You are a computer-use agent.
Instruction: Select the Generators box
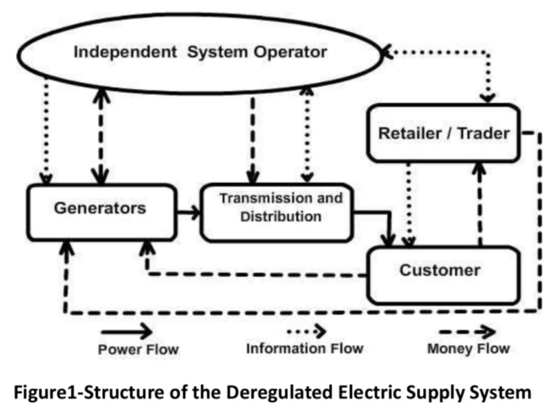point(101,208)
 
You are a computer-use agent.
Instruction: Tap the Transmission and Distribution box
point(281,208)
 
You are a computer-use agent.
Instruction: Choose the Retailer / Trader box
point(444,134)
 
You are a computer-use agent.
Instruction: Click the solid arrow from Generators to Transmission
point(188,213)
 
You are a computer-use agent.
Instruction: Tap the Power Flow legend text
point(138,350)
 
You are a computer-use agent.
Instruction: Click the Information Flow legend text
point(305,349)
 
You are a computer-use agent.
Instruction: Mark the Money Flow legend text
point(468,349)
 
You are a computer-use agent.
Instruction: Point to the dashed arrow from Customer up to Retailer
point(479,203)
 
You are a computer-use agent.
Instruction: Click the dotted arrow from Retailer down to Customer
point(410,203)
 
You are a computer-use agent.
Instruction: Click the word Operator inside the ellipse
point(290,52)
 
